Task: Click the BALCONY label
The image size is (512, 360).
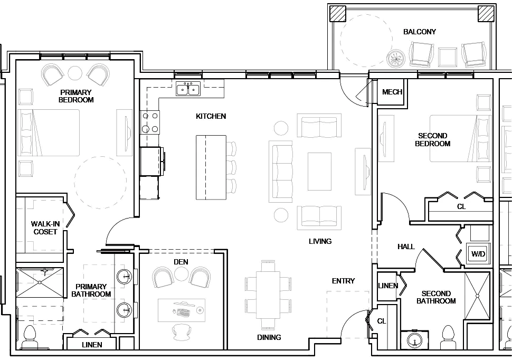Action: click(420, 32)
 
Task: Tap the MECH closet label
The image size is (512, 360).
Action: click(392, 92)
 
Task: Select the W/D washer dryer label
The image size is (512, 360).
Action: click(478, 254)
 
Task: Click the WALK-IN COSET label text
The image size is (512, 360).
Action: click(45, 228)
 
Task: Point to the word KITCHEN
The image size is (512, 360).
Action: click(211, 116)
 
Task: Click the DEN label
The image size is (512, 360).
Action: click(181, 262)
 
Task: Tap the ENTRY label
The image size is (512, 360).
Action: click(343, 281)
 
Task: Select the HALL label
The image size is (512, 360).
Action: click(406, 247)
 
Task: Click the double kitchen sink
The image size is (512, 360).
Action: click(188, 89)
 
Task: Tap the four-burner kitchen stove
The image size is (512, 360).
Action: click(149, 122)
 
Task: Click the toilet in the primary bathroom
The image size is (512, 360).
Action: click(30, 337)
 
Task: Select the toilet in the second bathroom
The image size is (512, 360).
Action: click(448, 337)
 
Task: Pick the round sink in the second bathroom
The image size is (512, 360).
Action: click(415, 341)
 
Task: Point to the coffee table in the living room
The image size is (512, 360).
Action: click(319, 172)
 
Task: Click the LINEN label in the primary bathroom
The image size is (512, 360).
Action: click(92, 345)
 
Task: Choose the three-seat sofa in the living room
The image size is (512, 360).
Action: click(281, 172)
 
